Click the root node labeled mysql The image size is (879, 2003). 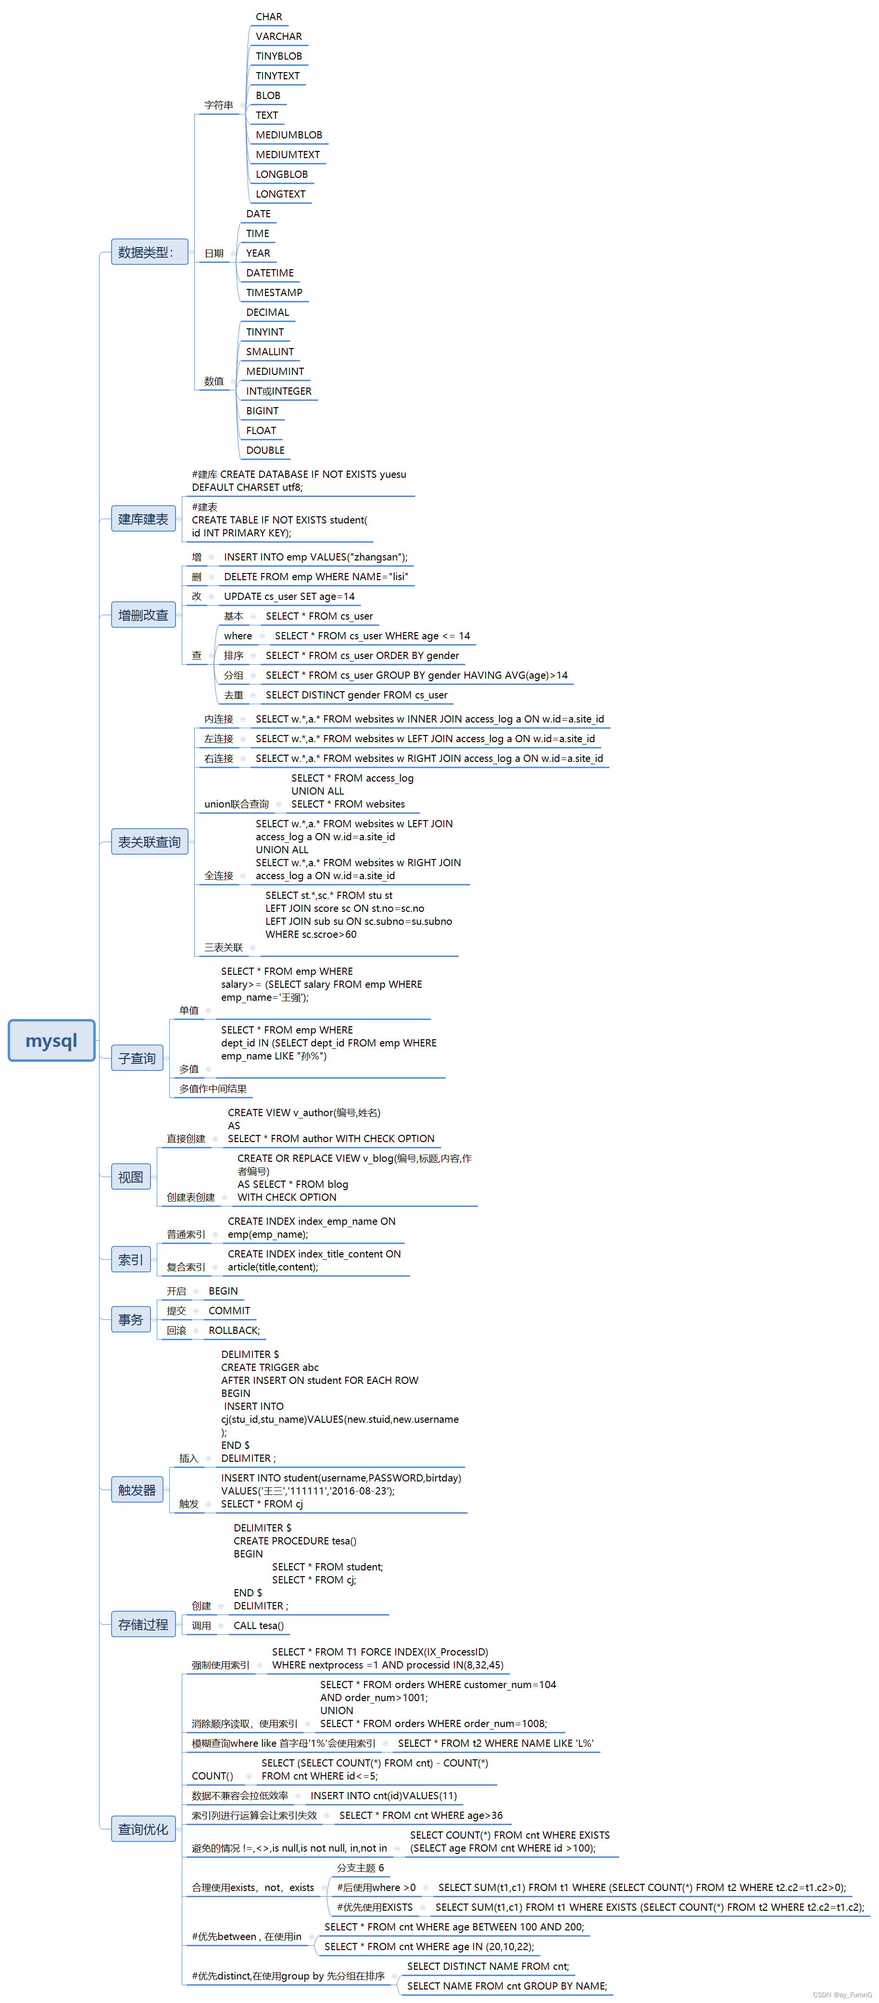pyautogui.click(x=51, y=1040)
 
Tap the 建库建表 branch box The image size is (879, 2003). pyautogui.click(x=143, y=519)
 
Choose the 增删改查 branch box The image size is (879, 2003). pyautogui.click(x=143, y=615)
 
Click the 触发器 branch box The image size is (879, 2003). pyautogui.click(x=137, y=1490)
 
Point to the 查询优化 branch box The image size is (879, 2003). pyautogui.click(x=143, y=1829)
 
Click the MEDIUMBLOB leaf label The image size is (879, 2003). pyautogui.click(x=289, y=135)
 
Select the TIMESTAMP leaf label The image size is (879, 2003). pyautogui.click(x=274, y=292)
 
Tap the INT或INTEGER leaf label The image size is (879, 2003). pyautogui.click(x=278, y=391)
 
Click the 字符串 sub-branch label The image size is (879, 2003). pyautogui.click(x=219, y=105)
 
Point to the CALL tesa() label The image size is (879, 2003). pyautogui.click(x=258, y=1626)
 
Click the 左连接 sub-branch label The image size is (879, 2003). pyautogui.click(x=219, y=739)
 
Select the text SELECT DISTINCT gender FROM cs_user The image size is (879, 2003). pyautogui.click(x=356, y=695)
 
